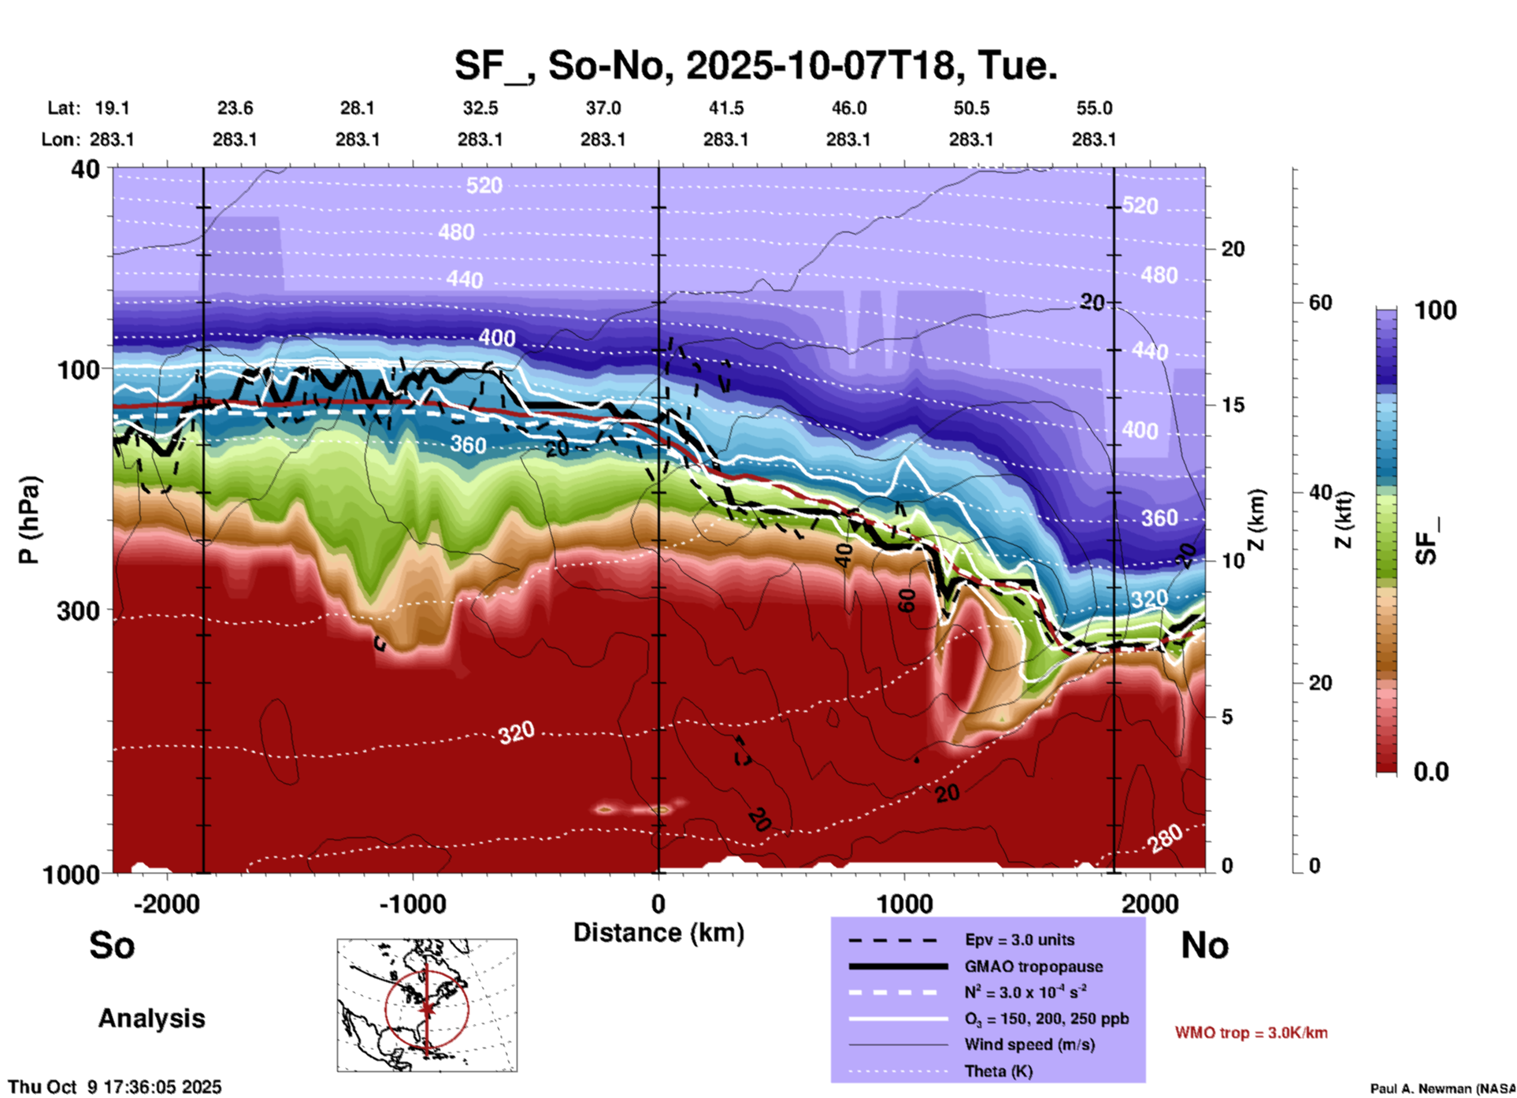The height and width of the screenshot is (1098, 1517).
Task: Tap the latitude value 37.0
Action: click(603, 108)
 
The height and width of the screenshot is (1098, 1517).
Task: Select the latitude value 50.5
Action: click(970, 108)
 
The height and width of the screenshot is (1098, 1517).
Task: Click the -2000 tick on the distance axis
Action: click(166, 904)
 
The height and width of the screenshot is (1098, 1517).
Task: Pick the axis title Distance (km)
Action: click(658, 933)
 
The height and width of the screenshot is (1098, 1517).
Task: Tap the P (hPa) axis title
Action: click(29, 519)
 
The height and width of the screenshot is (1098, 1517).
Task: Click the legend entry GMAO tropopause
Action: click(1033, 966)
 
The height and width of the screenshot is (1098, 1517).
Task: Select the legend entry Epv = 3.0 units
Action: click(1019, 940)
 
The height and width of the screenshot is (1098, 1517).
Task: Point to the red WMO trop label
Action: click(1251, 1033)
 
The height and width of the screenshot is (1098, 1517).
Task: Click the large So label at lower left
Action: click(112, 945)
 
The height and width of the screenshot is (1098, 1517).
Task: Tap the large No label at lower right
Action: click(1204, 945)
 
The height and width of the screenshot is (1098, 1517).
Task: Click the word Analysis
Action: click(151, 1018)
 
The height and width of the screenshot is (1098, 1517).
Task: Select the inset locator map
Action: click(427, 1005)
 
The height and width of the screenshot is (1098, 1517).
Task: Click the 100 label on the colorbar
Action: click(1435, 310)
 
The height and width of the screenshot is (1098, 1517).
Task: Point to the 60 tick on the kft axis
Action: click(1320, 302)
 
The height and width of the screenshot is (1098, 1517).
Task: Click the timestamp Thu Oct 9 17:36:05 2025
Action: click(115, 1087)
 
